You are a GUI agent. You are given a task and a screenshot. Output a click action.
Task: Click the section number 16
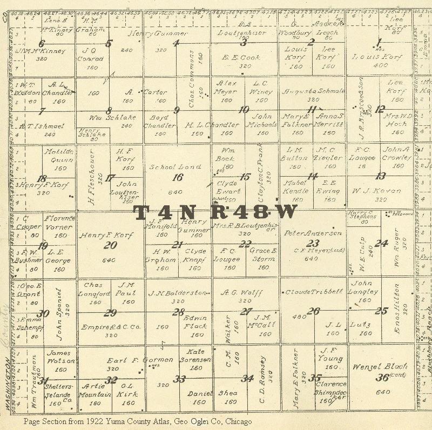pyautogui.click(x=177, y=177)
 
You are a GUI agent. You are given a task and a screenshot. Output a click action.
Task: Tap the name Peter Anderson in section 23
pyautogui.click(x=313, y=233)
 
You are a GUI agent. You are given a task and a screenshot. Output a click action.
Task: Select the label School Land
pyautogui.click(x=175, y=167)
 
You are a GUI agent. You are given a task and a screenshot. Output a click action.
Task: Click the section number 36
pyautogui.click(x=383, y=378)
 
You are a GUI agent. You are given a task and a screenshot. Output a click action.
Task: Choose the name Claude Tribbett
pyautogui.click(x=314, y=292)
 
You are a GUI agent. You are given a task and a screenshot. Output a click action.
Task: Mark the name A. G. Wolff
pyautogui.click(x=242, y=293)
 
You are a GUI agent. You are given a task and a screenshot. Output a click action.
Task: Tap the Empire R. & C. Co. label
pyautogui.click(x=111, y=327)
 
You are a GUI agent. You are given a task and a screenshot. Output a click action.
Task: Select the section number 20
pyautogui.click(x=110, y=245)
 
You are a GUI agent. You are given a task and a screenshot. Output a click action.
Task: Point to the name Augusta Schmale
pyautogui.click(x=314, y=91)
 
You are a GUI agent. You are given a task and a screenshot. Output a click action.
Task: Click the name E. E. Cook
pyautogui.click(x=241, y=57)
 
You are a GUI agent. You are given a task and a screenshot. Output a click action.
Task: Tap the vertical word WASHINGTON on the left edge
pyautogui.click(x=7, y=381)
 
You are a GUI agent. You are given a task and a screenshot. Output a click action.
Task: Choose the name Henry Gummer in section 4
pyautogui.click(x=158, y=33)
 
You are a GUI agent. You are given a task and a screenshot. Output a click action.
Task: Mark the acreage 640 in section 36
pyautogui.click(x=382, y=392)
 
